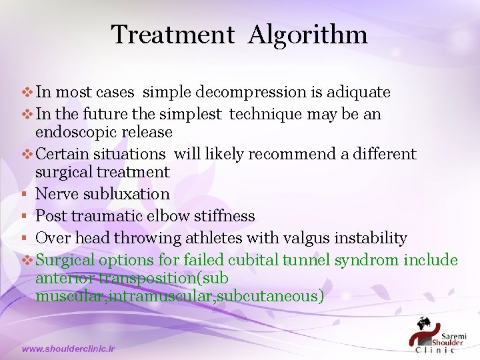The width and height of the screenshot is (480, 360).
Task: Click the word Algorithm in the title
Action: coord(307,35)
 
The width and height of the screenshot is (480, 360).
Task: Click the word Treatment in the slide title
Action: coord(173,35)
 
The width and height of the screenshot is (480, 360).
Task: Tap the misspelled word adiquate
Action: coord(357,92)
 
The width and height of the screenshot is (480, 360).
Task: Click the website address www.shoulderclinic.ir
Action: coord(69,349)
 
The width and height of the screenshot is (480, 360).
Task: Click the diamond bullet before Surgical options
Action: coord(27,260)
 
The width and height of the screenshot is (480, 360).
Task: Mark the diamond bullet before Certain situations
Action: coord(27,155)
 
